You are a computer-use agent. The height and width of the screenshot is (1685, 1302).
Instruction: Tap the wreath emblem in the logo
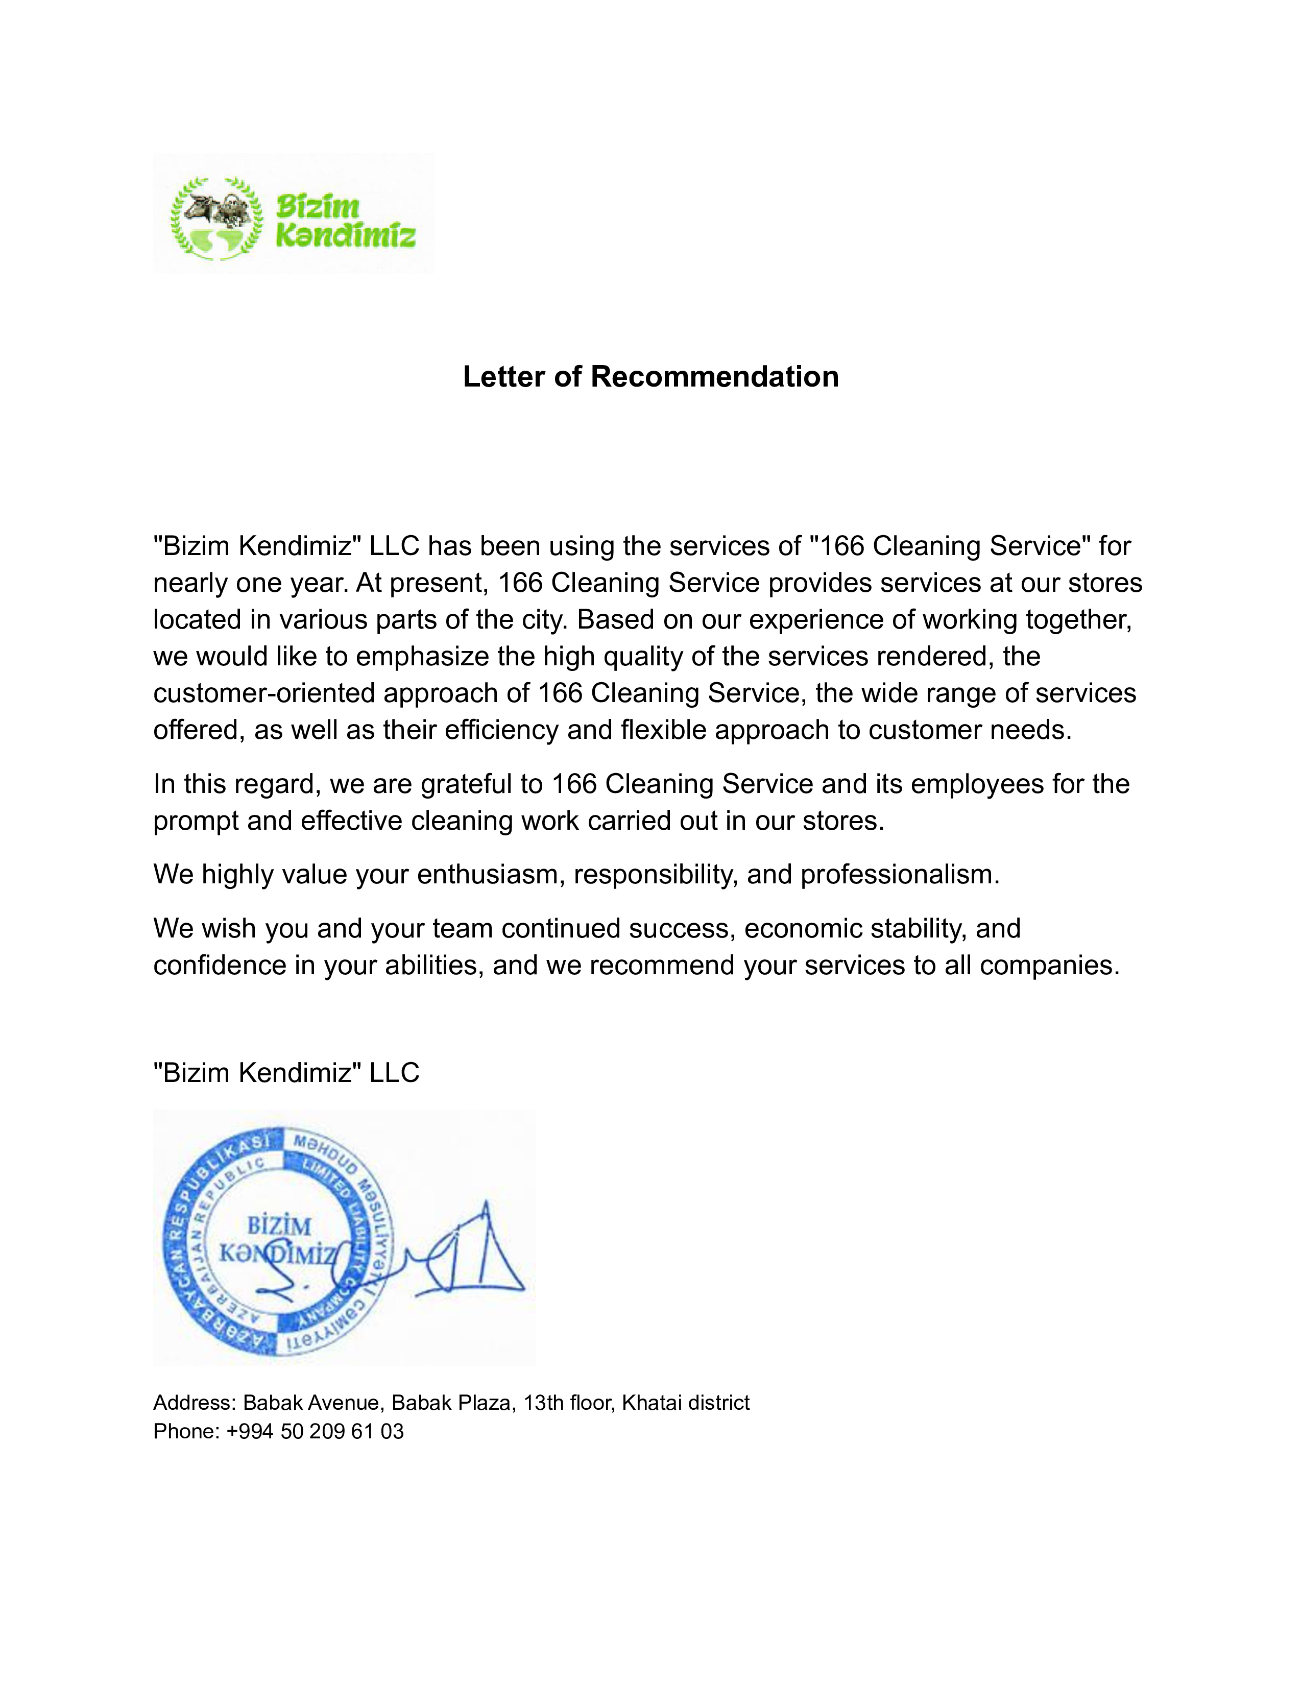click(x=216, y=219)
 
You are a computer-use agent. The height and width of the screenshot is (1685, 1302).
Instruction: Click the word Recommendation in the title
click(x=714, y=376)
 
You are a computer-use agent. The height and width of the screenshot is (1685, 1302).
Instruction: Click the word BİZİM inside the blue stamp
click(x=279, y=1226)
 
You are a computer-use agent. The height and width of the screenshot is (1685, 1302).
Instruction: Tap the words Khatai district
click(x=686, y=1403)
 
